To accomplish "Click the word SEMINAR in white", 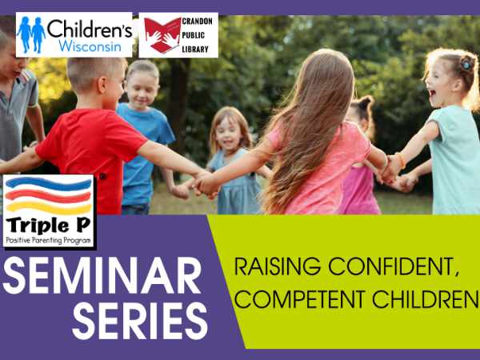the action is click(102, 275).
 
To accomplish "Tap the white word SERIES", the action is click(140, 321).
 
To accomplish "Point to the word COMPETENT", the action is click(300, 299).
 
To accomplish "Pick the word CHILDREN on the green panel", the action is click(426, 299).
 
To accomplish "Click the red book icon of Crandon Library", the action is click(162, 35).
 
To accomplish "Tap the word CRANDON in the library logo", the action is click(197, 21).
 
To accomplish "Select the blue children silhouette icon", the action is click(31, 34).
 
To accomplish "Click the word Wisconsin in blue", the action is click(90, 46).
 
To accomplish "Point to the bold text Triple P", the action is click(48, 226).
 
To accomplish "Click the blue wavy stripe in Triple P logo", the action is click(48, 183).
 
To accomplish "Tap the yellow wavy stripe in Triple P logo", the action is click(49, 208).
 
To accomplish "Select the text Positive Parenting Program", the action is click(48, 241).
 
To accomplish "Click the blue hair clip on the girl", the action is click(467, 64).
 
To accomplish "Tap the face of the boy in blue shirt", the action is click(142, 90).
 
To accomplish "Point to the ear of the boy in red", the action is click(102, 86).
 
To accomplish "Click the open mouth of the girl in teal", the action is click(432, 93).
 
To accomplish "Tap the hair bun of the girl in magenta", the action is click(366, 102).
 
